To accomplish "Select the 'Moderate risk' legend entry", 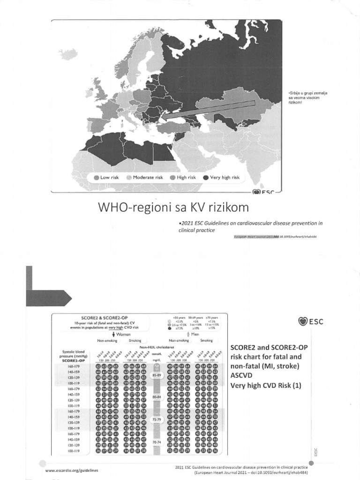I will point(144,178).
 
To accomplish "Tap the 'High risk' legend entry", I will point(183,178).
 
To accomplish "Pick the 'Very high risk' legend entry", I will point(221,178).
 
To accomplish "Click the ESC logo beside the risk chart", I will point(310,321).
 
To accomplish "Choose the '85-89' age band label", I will point(157,375).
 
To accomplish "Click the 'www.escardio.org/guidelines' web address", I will point(72,469).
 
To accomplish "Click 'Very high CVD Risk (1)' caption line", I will point(265,386).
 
